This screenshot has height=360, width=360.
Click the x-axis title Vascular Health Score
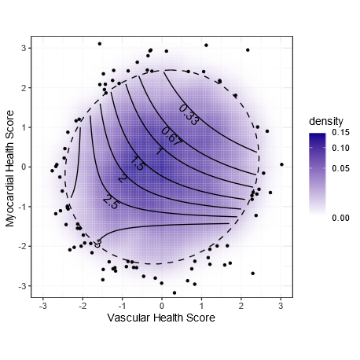(x=162, y=318)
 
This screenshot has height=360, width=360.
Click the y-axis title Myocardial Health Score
(x=10, y=167)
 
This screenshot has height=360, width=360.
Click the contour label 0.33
(x=189, y=114)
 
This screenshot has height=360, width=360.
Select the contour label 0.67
(x=171, y=136)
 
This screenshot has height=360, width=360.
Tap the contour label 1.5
(x=137, y=163)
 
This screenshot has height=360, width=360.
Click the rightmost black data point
(x=281, y=164)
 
